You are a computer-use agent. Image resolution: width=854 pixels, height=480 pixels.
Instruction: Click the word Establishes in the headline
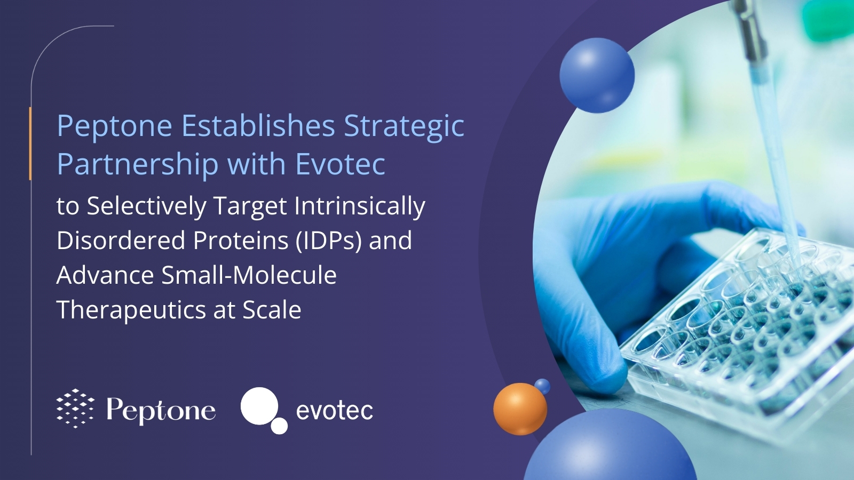(258, 126)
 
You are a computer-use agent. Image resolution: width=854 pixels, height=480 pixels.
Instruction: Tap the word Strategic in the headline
(404, 127)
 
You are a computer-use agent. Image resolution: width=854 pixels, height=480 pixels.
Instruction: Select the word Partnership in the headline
(137, 164)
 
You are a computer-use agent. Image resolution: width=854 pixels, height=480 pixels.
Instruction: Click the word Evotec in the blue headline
(340, 164)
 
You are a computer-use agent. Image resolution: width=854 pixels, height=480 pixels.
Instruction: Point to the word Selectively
(146, 207)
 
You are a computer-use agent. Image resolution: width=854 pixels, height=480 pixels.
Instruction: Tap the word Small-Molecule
(249, 276)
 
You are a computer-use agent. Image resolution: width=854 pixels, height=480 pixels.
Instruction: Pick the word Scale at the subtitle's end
(272, 310)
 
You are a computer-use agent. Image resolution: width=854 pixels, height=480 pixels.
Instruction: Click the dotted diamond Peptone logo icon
(75, 409)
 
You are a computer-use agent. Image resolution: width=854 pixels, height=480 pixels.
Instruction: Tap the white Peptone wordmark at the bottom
(161, 410)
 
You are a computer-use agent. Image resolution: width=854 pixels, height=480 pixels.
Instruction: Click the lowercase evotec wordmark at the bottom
(334, 411)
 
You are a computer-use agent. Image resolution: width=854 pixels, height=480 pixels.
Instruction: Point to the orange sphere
(519, 409)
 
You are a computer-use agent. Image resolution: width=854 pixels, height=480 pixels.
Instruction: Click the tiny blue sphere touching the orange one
(542, 386)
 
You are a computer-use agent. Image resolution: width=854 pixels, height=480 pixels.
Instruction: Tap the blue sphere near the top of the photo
(597, 75)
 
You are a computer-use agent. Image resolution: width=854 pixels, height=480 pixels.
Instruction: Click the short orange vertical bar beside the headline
(30, 143)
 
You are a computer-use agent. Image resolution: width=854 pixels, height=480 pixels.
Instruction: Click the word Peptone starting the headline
(114, 127)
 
